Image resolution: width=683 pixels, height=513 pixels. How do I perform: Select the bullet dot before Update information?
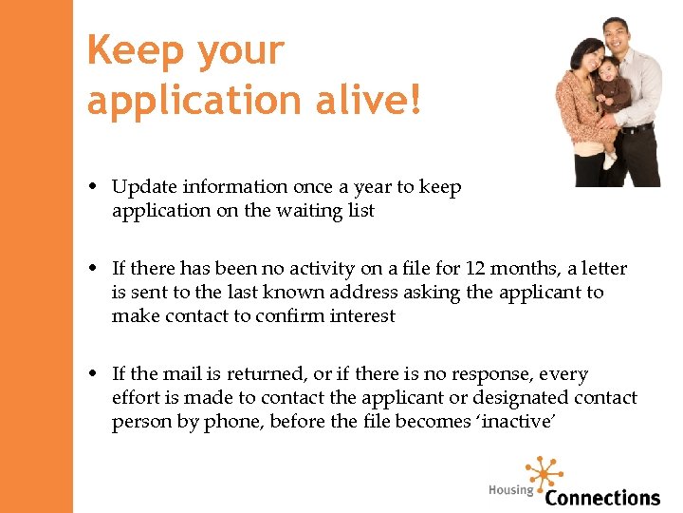pos(100,188)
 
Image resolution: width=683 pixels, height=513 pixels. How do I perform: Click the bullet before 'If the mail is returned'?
pos(100,375)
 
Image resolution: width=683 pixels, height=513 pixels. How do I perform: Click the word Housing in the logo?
pos(510,490)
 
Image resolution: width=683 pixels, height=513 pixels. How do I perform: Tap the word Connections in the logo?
pos(602,497)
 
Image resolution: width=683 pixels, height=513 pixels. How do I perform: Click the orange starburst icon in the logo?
pos(544,471)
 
